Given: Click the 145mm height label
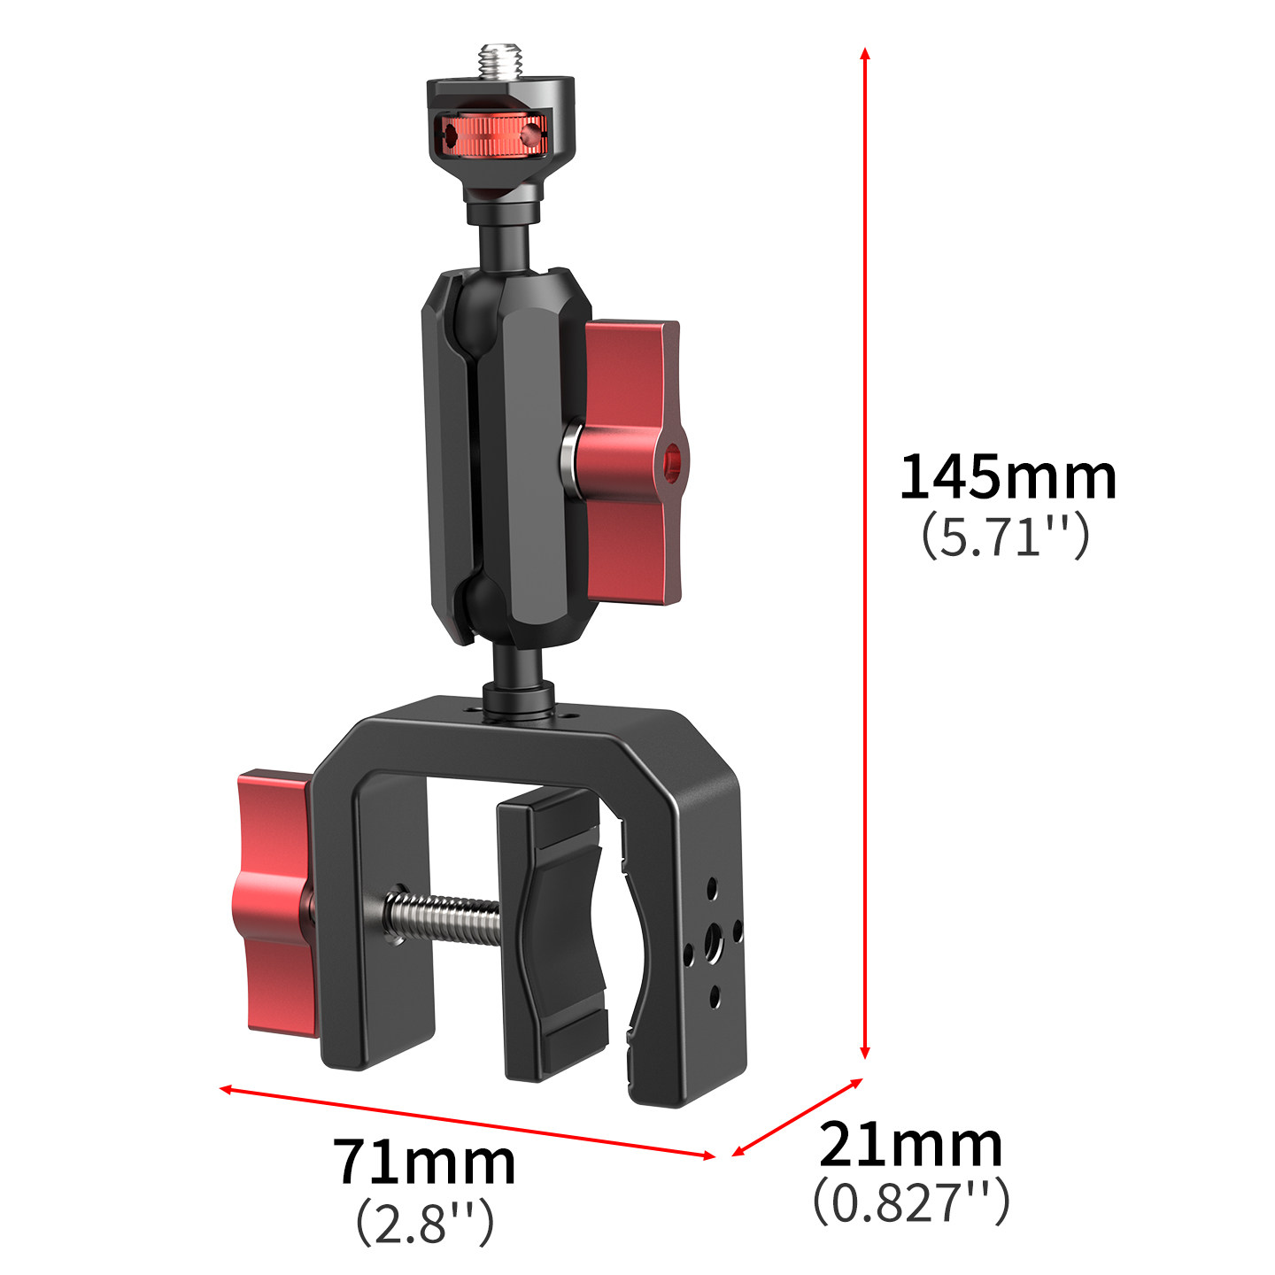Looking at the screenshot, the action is click(x=1008, y=477).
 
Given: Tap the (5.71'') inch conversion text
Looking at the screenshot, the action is click(x=1006, y=536).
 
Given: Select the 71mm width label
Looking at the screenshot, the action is click(x=424, y=1161).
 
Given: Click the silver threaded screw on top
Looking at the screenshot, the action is click(x=501, y=61).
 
